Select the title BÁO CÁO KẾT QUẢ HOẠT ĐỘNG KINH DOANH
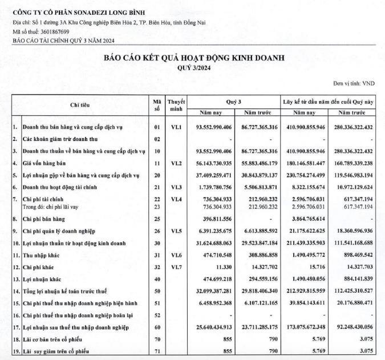[x=193, y=58]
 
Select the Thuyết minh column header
[x=176, y=105]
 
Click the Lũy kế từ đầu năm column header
[x=329, y=101]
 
